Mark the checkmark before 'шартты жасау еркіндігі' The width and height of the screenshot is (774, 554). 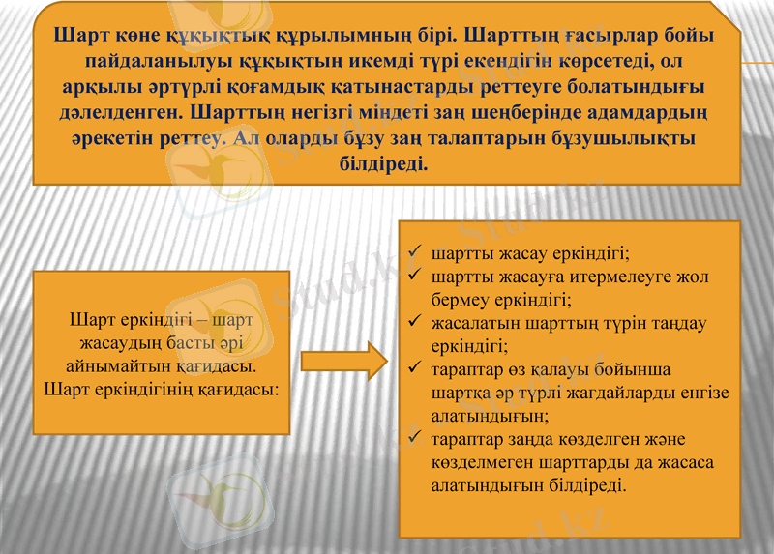coord(414,254)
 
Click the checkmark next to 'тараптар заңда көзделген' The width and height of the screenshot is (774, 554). coord(414,440)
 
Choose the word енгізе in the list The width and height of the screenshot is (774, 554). coord(706,393)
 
